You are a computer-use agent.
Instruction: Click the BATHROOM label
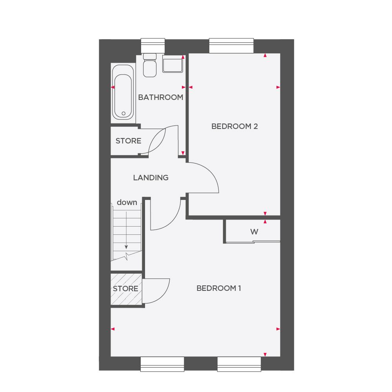pyautogui.click(x=161, y=97)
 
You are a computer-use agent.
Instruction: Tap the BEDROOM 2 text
pyautogui.click(x=234, y=126)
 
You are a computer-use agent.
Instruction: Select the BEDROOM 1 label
pyautogui.click(x=219, y=289)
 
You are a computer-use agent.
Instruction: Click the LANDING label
pyautogui.click(x=151, y=178)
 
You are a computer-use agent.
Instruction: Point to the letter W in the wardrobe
pyautogui.click(x=254, y=232)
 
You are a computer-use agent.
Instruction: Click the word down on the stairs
pyautogui.click(x=127, y=202)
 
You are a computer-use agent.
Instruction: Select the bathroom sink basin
pyautogui.click(x=173, y=64)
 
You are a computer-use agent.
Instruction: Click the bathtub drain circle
pyautogui.click(x=123, y=114)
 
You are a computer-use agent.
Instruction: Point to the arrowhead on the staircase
pyautogui.click(x=126, y=247)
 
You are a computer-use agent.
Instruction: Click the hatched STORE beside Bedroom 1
pyautogui.click(x=126, y=289)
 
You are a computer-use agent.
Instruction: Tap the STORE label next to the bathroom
pyautogui.click(x=128, y=141)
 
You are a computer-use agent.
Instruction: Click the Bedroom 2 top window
pyautogui.click(x=231, y=45)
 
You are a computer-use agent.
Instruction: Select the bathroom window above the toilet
pyautogui.click(x=153, y=45)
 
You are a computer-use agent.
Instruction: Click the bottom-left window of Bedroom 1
pyautogui.click(x=162, y=363)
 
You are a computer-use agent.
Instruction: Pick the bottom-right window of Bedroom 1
pyautogui.click(x=239, y=363)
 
